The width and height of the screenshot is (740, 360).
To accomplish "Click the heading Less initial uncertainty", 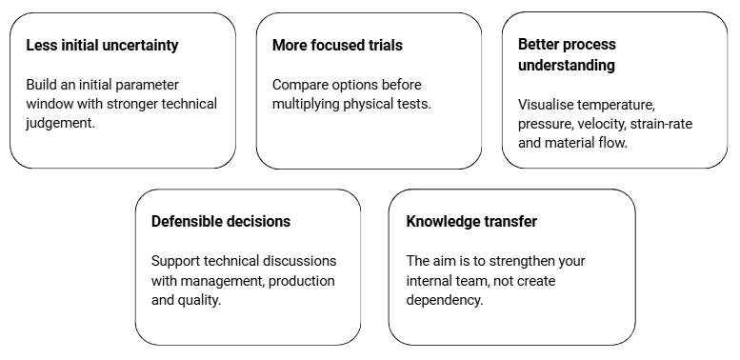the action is [103, 46].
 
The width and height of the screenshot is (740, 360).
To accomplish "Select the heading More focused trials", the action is [337, 46].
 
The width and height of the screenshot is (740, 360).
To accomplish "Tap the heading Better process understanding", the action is [567, 54].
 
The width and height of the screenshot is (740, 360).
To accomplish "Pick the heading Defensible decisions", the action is [221, 221].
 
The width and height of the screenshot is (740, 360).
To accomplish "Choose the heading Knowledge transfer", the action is [471, 221].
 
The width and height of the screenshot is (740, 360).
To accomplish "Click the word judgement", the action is [60, 123].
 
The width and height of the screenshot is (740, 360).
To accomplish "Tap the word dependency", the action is [445, 301].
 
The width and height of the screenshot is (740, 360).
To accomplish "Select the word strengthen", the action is [522, 261].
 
